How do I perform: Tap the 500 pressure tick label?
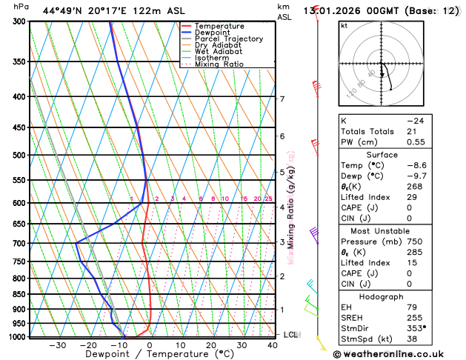click(x=19, y=156)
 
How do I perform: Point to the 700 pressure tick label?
click(x=19, y=244)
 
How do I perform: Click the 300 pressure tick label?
click(x=19, y=21)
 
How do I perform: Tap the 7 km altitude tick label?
click(x=282, y=99)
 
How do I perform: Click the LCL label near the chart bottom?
click(x=291, y=335)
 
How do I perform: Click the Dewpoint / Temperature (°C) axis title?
click(x=149, y=354)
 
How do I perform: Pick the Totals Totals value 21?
click(x=411, y=131)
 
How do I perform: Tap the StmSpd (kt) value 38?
click(x=412, y=339)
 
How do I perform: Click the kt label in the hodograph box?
click(x=344, y=26)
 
